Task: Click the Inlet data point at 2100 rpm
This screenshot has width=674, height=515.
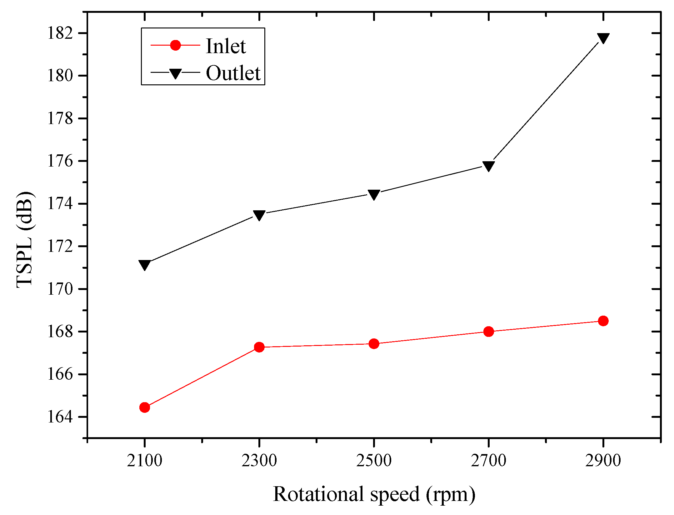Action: tap(145, 407)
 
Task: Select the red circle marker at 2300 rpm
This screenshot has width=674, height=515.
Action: tap(259, 347)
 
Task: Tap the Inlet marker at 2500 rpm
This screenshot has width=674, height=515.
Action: tap(374, 344)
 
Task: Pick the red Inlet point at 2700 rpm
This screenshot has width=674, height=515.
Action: tap(488, 331)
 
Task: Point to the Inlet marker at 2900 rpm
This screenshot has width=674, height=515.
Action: tap(603, 321)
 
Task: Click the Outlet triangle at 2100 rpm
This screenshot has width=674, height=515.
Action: tap(145, 265)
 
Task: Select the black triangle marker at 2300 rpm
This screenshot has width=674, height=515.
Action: tap(259, 215)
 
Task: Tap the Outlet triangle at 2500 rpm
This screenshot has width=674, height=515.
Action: tap(374, 194)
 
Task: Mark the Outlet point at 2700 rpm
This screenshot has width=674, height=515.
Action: tap(488, 166)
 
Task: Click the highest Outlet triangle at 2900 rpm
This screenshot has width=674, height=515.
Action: tap(603, 38)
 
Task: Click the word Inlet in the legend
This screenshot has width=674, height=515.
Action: tap(226, 46)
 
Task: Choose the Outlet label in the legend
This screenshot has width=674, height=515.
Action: tap(233, 73)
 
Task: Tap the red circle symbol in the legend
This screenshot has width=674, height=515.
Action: tap(175, 45)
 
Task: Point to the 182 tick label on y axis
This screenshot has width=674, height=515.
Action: tap(60, 33)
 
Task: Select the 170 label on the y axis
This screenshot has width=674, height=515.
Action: tap(60, 289)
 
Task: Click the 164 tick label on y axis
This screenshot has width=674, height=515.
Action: tap(60, 417)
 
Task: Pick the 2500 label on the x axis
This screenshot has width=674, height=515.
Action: tap(374, 461)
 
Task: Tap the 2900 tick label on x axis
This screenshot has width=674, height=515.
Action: tap(603, 461)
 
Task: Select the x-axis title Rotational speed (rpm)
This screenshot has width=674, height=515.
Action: tap(374, 494)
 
